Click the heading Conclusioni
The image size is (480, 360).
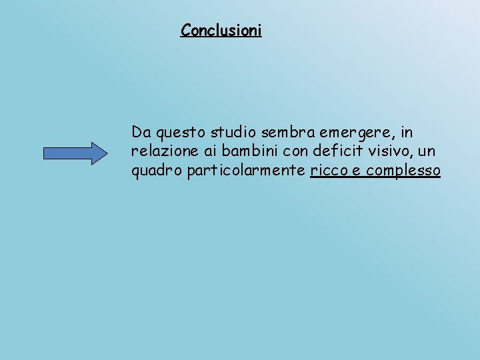(x=221, y=31)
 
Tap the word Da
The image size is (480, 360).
(x=141, y=131)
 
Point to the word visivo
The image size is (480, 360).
(x=379, y=151)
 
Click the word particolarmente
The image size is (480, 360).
(x=247, y=171)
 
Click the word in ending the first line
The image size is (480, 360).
(x=407, y=131)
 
